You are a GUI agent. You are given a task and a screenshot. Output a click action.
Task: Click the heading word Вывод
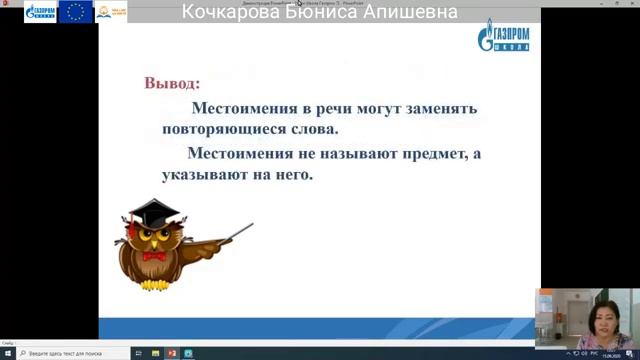[171, 82]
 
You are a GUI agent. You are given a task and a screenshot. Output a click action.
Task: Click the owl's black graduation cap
[149, 211]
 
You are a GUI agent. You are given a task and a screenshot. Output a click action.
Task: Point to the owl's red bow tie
[152, 256]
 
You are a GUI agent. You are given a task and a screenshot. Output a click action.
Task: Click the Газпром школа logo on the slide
[505, 38]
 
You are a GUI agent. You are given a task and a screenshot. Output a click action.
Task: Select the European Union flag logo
[75, 13]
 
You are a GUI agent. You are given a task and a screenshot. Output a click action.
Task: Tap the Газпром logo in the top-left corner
[40, 13]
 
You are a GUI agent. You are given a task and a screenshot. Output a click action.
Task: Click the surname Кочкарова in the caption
[232, 12]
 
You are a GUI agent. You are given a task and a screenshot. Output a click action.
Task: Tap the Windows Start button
[6, 353]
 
